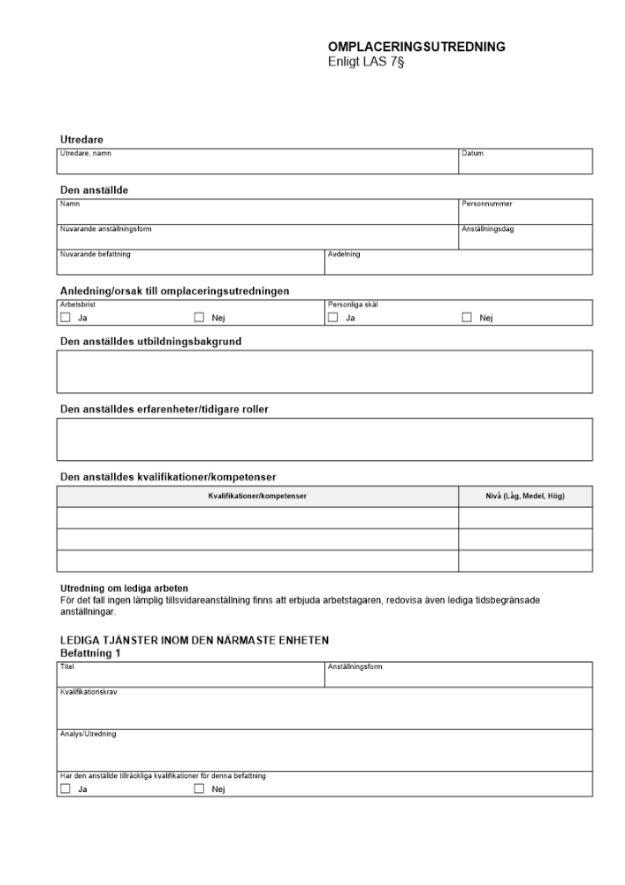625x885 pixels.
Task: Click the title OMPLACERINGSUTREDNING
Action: tap(416, 47)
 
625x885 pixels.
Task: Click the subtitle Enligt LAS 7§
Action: tap(365, 62)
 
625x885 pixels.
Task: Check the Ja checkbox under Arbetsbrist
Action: tap(65, 318)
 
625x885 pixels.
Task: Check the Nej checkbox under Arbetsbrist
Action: tap(199, 318)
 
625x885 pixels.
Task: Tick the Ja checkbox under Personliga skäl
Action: tap(333, 318)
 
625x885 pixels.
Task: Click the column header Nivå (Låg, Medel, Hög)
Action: tap(525, 496)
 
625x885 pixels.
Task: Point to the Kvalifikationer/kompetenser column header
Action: tap(257, 496)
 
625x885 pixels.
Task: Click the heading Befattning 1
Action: tap(90, 653)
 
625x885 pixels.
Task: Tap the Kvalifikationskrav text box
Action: tap(324, 712)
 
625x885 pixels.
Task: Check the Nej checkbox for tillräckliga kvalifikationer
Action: tap(199, 789)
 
